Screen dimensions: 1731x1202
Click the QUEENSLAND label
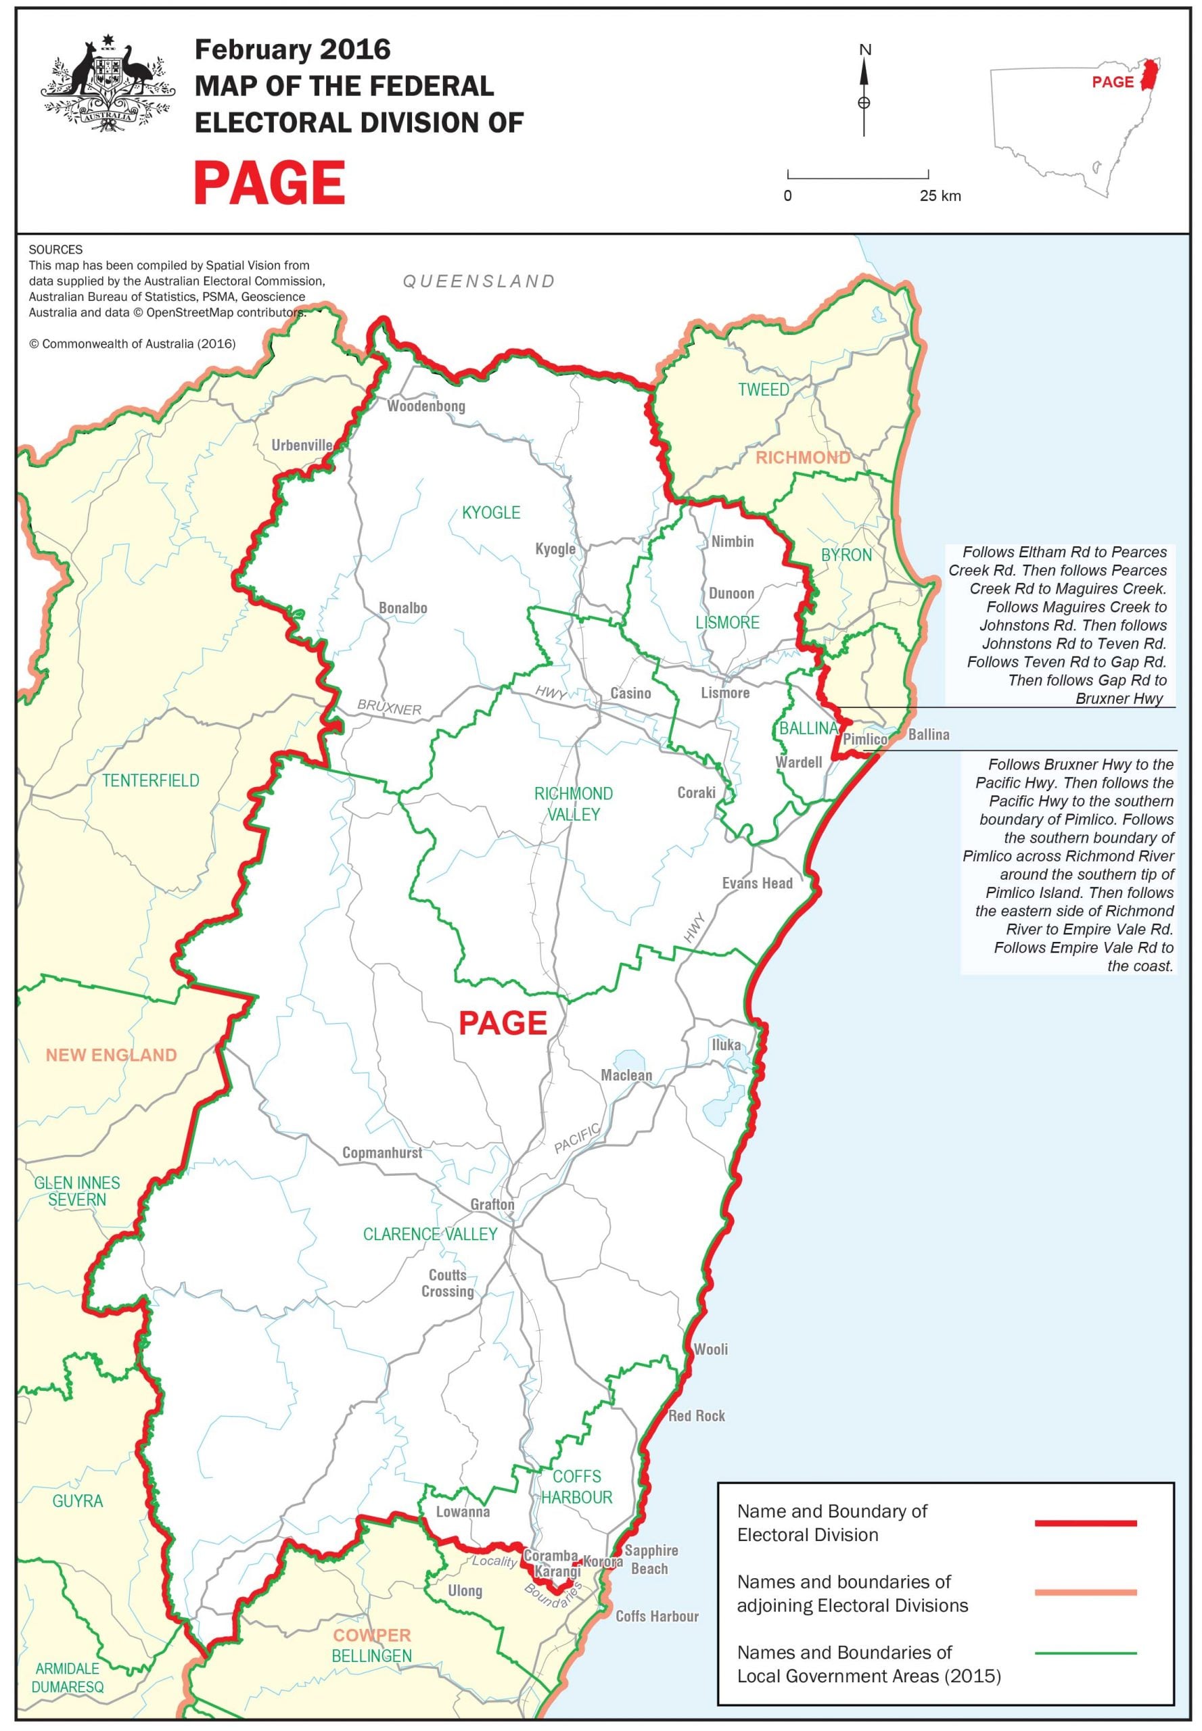479,281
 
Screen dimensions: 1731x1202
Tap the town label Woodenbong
425,406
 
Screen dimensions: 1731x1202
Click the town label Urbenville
301,445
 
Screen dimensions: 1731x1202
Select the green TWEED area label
763,389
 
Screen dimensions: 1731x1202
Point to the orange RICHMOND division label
802,457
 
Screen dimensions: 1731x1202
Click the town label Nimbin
732,541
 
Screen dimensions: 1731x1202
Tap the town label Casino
630,692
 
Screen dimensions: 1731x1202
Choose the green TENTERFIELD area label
151,780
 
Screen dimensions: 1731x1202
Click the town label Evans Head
757,883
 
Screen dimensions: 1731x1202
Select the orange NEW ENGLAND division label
111,1055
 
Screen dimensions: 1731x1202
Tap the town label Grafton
492,1204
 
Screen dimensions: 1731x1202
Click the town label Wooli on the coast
710,1348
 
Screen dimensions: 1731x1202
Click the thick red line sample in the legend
1084,1523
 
